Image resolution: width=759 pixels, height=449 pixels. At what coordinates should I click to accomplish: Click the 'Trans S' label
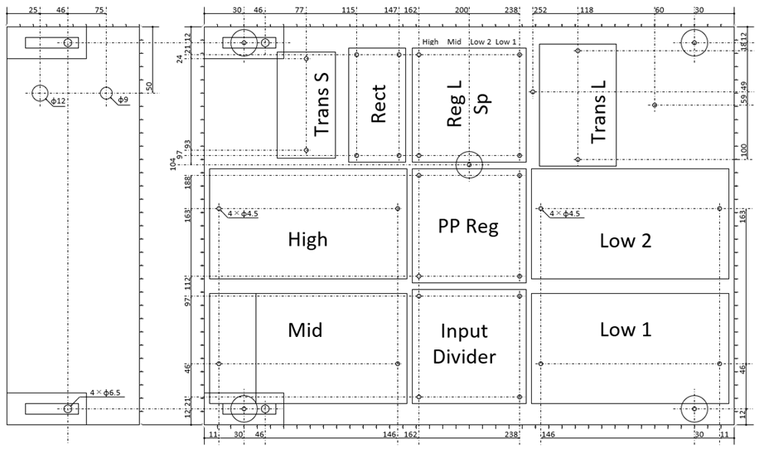pyautogui.click(x=321, y=105)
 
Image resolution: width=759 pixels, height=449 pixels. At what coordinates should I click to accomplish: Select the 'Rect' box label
pyautogui.click(x=378, y=104)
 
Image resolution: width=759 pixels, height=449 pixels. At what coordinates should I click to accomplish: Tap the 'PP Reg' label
pyautogui.click(x=468, y=226)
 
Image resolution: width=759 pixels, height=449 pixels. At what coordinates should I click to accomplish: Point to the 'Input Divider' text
pyautogui.click(x=464, y=344)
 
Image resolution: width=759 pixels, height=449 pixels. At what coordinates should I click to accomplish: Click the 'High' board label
pyautogui.click(x=308, y=240)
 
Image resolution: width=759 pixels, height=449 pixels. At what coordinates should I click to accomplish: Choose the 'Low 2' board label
pyautogui.click(x=626, y=241)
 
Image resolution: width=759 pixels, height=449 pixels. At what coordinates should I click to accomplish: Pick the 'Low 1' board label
pyautogui.click(x=626, y=329)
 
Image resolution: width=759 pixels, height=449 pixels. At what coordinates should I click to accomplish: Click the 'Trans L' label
pyautogui.click(x=598, y=111)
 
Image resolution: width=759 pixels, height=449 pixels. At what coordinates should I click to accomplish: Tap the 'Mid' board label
pyautogui.click(x=305, y=330)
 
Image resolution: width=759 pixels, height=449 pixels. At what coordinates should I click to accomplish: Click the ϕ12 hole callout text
pyautogui.click(x=58, y=101)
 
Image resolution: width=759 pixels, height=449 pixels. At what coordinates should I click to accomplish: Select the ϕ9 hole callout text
pyautogui.click(x=123, y=100)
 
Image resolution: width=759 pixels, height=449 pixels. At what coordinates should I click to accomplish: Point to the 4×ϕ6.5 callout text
pyautogui.click(x=105, y=393)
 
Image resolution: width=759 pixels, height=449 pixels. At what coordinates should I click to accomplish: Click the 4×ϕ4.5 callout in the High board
pyautogui.click(x=243, y=213)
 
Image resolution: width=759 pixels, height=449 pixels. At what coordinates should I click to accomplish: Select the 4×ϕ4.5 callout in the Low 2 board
pyautogui.click(x=564, y=213)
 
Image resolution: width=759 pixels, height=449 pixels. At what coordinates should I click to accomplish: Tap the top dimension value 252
pyautogui.click(x=539, y=10)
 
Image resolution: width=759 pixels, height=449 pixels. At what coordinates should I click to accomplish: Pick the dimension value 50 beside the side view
pyautogui.click(x=149, y=87)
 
